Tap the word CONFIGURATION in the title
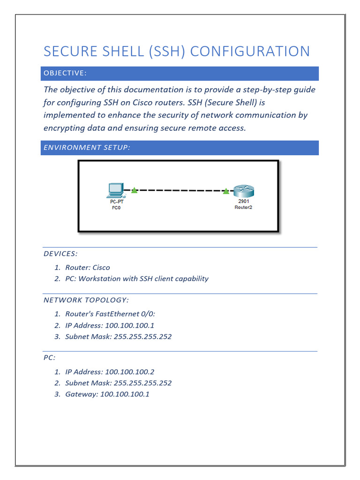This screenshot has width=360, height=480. pyautogui.click(x=248, y=51)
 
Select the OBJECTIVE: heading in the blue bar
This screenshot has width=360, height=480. pyautogui.click(x=65, y=73)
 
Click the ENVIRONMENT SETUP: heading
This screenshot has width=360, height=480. pyautogui.click(x=87, y=148)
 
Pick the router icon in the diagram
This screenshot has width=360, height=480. pyautogui.click(x=243, y=191)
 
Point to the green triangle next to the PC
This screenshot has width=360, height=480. pyautogui.click(x=134, y=190)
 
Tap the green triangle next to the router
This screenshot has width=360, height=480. pyautogui.click(x=226, y=191)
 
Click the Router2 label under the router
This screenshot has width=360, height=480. pyautogui.click(x=243, y=207)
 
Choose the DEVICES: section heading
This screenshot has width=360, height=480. pyautogui.click(x=60, y=254)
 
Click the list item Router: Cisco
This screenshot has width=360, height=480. pyautogui.click(x=87, y=268)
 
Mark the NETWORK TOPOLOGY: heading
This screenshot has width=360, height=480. pyautogui.click(x=86, y=300)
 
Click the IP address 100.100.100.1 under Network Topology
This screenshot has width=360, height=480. pyautogui.click(x=129, y=325)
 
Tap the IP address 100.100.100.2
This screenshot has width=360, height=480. pyautogui.click(x=129, y=372)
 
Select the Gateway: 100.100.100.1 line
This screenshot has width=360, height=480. pyautogui.click(x=107, y=394)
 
